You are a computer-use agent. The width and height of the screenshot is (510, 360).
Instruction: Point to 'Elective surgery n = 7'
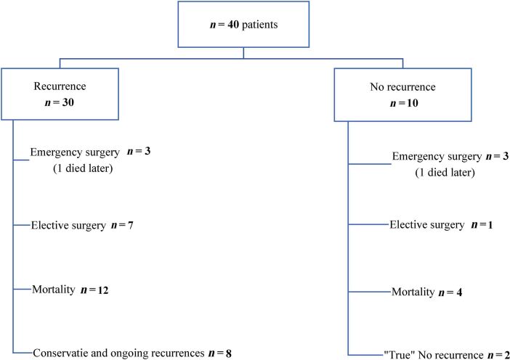[x=81, y=225]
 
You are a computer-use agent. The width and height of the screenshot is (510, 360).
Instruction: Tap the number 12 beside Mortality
[x=105, y=290]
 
